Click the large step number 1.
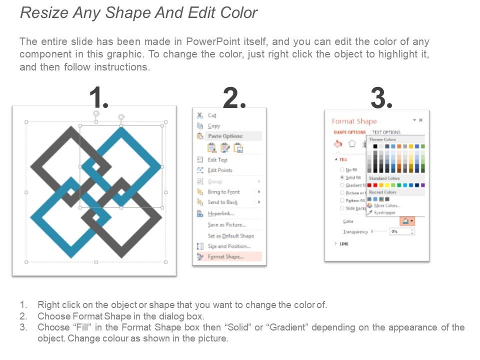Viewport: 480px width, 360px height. (x=98, y=97)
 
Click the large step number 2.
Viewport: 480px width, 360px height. (x=234, y=97)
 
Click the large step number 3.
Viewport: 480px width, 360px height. (x=381, y=97)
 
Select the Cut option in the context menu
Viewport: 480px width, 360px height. (x=212, y=115)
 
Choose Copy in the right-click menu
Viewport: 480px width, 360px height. (x=213, y=126)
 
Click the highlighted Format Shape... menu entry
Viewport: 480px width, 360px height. (x=225, y=256)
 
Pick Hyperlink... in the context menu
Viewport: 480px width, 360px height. (x=220, y=213)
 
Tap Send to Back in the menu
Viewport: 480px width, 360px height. (x=222, y=202)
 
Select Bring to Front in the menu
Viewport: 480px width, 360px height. (x=223, y=192)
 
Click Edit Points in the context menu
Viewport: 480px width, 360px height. (x=219, y=170)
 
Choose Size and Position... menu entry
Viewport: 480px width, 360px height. (x=228, y=246)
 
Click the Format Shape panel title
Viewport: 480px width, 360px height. (x=354, y=121)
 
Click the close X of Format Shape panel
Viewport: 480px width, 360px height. (x=420, y=120)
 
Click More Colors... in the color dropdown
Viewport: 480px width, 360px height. (x=387, y=205)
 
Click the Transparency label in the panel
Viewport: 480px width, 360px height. (x=355, y=232)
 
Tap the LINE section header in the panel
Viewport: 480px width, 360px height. (x=344, y=244)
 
